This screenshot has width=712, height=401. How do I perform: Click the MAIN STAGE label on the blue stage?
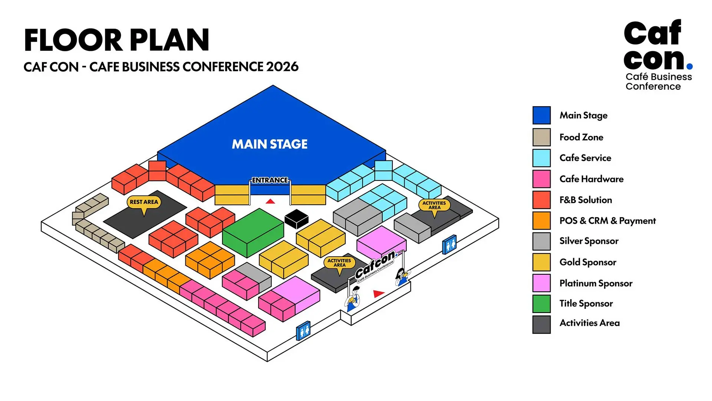point(270,144)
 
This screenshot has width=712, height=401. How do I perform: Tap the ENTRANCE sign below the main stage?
point(270,180)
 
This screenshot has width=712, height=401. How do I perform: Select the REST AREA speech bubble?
point(144,202)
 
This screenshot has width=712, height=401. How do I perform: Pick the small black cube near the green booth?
point(296,219)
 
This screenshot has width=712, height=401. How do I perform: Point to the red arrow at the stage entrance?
point(270,201)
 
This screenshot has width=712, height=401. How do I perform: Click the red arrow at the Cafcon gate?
point(378,294)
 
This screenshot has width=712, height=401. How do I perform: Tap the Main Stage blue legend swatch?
point(541,115)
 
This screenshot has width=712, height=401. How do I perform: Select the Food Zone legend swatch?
point(541,137)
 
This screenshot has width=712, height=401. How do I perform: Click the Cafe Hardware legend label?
point(591,179)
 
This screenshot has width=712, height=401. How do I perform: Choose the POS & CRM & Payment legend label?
point(607,221)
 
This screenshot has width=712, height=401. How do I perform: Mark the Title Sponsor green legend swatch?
point(541,304)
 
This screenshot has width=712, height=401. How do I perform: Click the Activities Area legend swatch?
point(541,324)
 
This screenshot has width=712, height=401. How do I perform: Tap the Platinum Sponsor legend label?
point(596,283)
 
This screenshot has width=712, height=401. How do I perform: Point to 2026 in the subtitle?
point(282,67)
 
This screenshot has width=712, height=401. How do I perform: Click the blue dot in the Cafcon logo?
point(689,66)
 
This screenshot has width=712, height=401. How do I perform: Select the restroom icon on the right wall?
point(449,245)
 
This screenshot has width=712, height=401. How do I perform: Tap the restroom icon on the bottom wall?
point(303,330)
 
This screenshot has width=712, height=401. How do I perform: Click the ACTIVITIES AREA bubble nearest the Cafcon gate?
point(339,263)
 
